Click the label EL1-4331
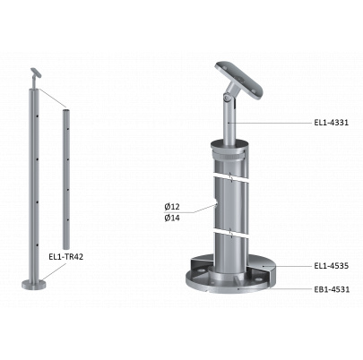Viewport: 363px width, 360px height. pyautogui.click(x=331, y=123)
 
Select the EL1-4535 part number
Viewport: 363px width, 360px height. pyautogui.click(x=331, y=266)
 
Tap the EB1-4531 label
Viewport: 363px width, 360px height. pyautogui.click(x=332, y=289)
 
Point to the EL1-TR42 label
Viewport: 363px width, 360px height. pyautogui.click(x=65, y=256)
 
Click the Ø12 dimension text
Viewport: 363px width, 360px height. pyautogui.click(x=172, y=206)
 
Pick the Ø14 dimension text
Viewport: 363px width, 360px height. pyautogui.click(x=172, y=218)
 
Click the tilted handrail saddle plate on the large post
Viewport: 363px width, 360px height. pyautogui.click(x=240, y=80)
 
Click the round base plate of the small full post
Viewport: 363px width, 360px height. pyautogui.click(x=34, y=284)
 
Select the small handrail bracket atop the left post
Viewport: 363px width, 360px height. pyautogui.click(x=36, y=76)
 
